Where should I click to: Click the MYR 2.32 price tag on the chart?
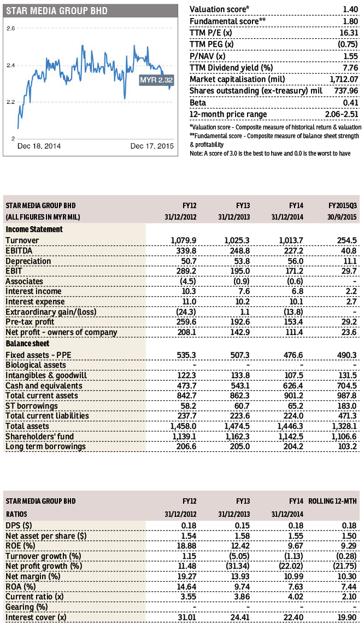[x=156, y=80]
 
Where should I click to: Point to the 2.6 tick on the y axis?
[x=11, y=28]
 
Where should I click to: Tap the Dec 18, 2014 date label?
[x=39, y=146]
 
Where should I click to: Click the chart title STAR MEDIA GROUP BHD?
[x=57, y=10]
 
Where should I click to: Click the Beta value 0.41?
[x=351, y=103]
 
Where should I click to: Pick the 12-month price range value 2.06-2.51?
[x=342, y=114]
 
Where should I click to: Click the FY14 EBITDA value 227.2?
[x=293, y=251]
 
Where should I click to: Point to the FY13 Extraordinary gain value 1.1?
[x=245, y=312]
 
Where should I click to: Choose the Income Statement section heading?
[x=34, y=229]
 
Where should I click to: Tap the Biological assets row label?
[x=36, y=365]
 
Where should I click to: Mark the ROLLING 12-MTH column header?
[x=333, y=501]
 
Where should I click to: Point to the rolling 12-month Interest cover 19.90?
[x=347, y=617]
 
